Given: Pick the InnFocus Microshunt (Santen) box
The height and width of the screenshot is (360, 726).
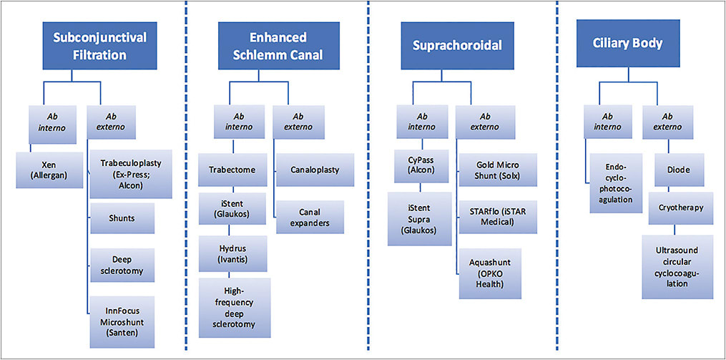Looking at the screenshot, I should click(x=123, y=316).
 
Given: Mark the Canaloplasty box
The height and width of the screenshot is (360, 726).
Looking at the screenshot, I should click(x=315, y=170).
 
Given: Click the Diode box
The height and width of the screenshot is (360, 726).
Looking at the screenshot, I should click(x=673, y=171).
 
